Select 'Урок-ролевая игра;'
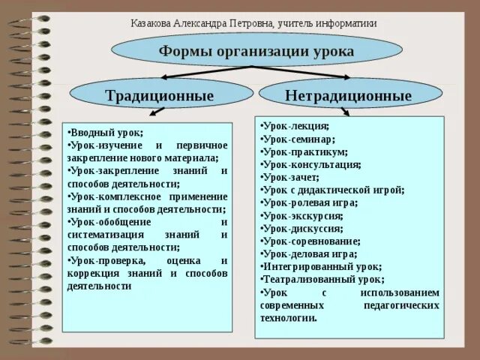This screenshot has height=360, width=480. [x=310, y=202]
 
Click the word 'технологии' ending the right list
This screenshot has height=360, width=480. [x=287, y=318]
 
